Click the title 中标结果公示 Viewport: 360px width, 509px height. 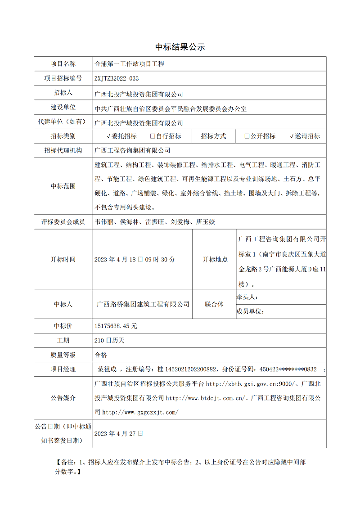click(x=180, y=47)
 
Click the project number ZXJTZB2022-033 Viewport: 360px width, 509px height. click(x=117, y=78)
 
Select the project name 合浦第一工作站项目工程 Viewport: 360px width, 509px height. click(x=129, y=64)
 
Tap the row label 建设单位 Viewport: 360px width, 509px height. click(x=63, y=108)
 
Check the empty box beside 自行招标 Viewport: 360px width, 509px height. click(x=153, y=136)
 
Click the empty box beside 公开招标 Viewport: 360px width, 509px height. click(x=247, y=136)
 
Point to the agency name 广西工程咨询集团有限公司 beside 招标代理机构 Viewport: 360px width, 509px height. click(x=132, y=150)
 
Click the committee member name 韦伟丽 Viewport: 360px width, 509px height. click(x=104, y=222)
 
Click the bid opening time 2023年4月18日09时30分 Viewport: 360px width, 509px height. click(x=135, y=260)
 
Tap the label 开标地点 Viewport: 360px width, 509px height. click(x=215, y=260)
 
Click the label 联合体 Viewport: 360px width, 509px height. click(x=214, y=304)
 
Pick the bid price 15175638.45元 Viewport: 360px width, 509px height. click(x=116, y=326)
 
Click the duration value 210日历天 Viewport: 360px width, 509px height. click(x=109, y=341)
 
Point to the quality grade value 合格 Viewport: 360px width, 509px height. click(x=101, y=355)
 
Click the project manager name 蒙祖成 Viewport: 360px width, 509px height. click(x=107, y=369)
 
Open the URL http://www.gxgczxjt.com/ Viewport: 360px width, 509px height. click(x=140, y=412)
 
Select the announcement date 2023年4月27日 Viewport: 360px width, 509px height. click(x=119, y=433)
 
